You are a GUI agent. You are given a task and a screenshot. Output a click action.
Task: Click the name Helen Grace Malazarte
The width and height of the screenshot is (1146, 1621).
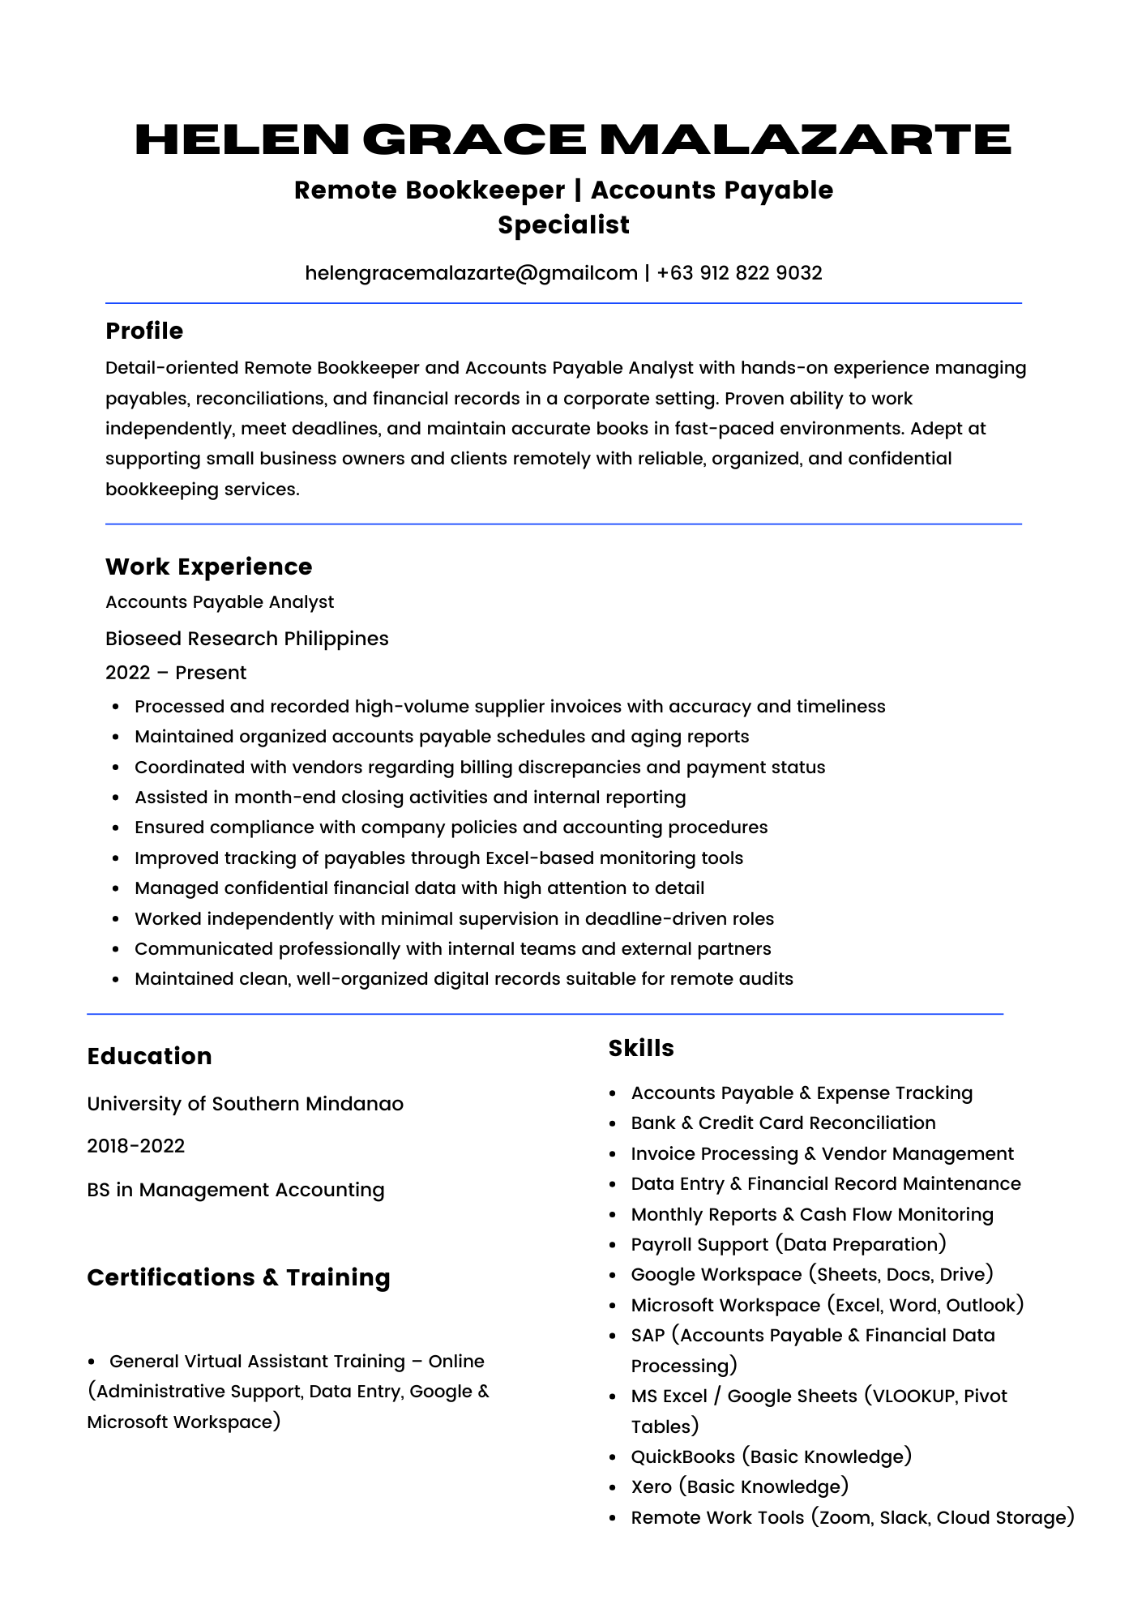572,139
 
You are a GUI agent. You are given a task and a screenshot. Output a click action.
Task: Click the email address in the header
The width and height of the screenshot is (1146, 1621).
471,273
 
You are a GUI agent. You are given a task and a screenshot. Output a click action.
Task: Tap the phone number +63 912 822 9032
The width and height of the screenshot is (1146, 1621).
739,273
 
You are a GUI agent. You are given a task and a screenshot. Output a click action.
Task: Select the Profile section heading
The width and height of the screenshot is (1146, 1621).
144,331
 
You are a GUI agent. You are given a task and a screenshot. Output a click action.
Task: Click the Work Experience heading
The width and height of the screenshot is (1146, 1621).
208,567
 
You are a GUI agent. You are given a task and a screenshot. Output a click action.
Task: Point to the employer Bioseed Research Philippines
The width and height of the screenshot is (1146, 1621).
247,639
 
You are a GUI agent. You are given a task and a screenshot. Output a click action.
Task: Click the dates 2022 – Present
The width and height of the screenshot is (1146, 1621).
176,673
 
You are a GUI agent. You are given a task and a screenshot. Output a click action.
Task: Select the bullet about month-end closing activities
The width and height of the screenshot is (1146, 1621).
410,798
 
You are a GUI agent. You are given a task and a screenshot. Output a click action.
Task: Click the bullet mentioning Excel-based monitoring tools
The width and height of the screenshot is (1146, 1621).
438,858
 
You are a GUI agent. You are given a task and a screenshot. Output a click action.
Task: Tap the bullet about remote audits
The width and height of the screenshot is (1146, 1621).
464,979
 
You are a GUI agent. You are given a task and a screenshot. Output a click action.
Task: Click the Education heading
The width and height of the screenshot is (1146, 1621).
149,1056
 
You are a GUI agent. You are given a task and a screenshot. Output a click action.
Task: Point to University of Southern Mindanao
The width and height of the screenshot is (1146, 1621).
245,1104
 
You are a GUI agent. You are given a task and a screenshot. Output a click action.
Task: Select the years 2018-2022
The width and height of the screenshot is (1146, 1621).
135,1146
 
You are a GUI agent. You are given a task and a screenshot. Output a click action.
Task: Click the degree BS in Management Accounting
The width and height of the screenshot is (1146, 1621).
236,1190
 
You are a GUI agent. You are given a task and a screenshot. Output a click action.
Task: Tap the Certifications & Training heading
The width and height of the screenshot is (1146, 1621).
238,1277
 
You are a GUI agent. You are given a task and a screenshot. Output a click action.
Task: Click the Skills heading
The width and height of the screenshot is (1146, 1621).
641,1048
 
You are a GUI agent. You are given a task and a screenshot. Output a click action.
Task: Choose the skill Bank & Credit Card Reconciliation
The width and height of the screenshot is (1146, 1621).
783,1123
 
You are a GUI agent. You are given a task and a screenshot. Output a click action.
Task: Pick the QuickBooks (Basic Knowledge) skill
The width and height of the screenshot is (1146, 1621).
771,1456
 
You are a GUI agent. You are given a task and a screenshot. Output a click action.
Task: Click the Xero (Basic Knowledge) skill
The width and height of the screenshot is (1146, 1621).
739,1486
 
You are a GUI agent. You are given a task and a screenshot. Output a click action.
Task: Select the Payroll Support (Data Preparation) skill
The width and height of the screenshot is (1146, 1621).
789,1244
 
